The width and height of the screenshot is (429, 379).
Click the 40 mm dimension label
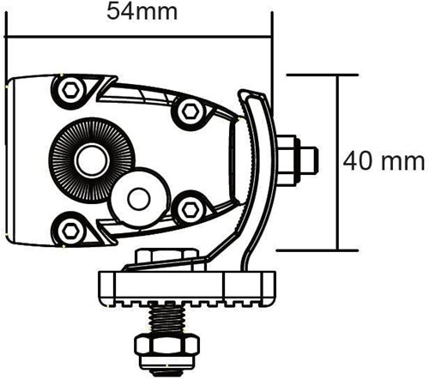point(384,160)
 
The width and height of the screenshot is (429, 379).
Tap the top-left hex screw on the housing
point(69,88)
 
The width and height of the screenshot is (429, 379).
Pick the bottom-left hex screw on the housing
point(69,229)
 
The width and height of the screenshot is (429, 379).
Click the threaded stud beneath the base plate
point(166,320)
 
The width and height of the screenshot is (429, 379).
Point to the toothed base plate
point(189,287)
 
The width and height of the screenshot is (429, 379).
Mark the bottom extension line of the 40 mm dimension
point(317,250)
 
